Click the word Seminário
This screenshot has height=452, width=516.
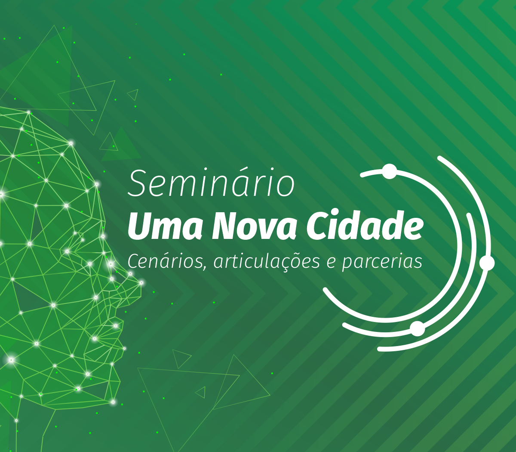click(211, 183)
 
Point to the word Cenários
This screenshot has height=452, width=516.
click(166, 262)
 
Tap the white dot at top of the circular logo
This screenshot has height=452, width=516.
click(390, 171)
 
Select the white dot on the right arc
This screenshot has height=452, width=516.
click(487, 263)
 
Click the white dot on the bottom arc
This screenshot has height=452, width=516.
click(418, 328)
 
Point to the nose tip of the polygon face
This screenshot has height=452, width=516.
click(141, 283)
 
